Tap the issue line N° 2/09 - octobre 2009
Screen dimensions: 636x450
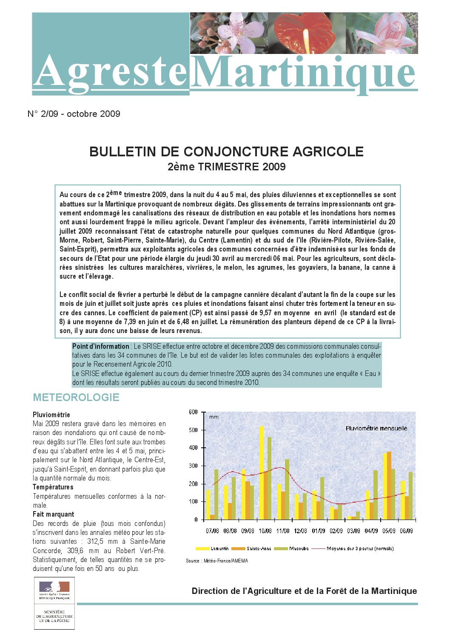pyautogui.click(x=74, y=114)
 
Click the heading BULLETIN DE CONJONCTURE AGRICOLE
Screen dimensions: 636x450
pyautogui.click(x=226, y=152)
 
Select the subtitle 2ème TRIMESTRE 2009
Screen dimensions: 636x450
pyautogui.click(x=226, y=167)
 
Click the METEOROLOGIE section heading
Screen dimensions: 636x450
pyautogui.click(x=76, y=398)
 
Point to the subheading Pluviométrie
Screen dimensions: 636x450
pyautogui.click(x=51, y=415)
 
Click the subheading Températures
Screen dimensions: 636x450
pyautogui.click(x=53, y=487)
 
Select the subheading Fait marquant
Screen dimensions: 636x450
pyautogui.click(x=53, y=514)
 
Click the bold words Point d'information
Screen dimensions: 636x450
pyautogui.click(x=100, y=346)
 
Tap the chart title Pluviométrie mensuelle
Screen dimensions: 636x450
pyautogui.click(x=376, y=428)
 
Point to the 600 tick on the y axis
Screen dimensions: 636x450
pyautogui.click(x=193, y=412)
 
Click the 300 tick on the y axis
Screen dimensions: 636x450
pyautogui.click(x=193, y=466)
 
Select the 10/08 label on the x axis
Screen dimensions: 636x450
pyautogui.click(x=265, y=531)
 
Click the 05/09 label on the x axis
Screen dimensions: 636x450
pyautogui.click(x=389, y=531)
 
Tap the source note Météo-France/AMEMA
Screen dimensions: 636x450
pyautogui.click(x=217, y=561)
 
